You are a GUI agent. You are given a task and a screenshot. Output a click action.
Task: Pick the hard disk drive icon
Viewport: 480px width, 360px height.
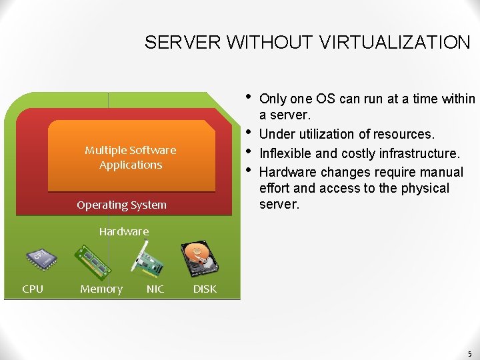(200, 259)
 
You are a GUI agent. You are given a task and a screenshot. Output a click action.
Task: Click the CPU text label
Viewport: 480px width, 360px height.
(33, 289)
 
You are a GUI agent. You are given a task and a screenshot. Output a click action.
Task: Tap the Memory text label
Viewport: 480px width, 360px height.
(101, 289)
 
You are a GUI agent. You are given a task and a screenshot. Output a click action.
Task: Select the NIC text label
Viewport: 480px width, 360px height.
(155, 289)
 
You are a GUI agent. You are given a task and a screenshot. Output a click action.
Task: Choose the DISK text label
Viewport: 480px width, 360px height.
(205, 289)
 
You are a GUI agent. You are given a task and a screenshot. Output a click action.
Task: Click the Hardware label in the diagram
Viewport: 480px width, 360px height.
(124, 232)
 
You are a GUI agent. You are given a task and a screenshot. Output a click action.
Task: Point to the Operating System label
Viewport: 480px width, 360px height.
(121, 205)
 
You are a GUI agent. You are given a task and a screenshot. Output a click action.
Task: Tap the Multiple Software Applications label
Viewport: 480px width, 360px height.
(131, 157)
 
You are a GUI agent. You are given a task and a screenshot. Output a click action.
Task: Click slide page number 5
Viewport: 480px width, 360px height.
(469, 354)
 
